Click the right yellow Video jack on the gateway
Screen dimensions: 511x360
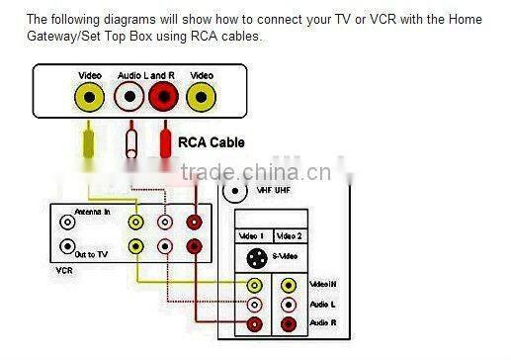(202, 97)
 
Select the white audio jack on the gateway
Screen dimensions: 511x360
(128, 97)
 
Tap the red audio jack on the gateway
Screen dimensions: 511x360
(163, 97)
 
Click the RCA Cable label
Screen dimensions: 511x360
(212, 142)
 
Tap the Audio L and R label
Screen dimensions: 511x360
(144, 75)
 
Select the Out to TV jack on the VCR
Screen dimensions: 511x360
(67, 246)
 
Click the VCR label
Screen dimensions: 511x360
(65, 269)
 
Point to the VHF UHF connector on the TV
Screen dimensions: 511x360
(235, 192)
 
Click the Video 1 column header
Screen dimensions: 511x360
(252, 236)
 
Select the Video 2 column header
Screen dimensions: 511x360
(289, 236)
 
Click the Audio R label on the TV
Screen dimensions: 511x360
(323, 323)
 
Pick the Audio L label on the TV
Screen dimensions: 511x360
(322, 304)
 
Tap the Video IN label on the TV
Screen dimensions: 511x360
(323, 285)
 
